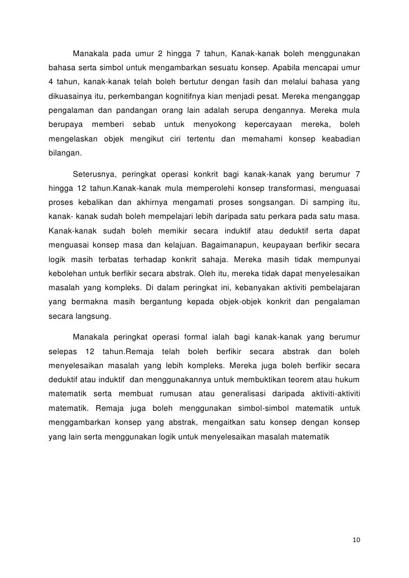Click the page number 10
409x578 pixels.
pos(355,540)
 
